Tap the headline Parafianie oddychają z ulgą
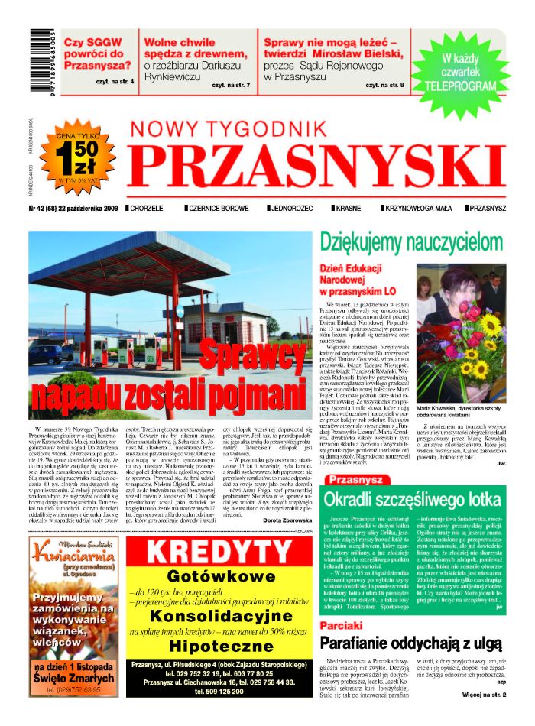pyautogui.click(x=412, y=643)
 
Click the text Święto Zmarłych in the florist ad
pyautogui.click(x=75, y=679)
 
